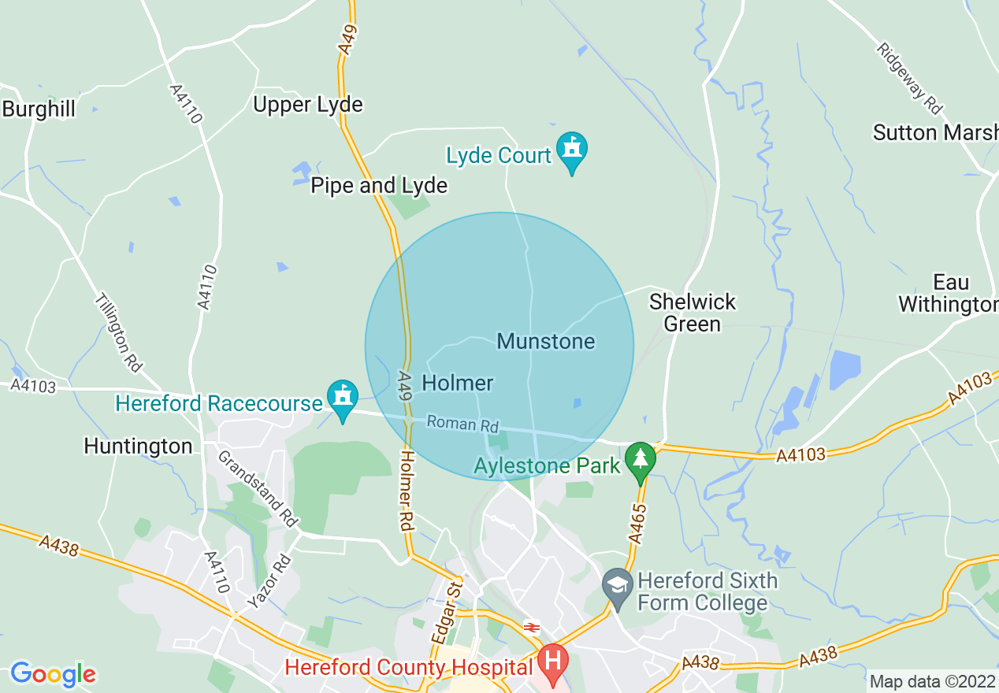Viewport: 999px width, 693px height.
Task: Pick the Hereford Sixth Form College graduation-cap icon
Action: click(x=617, y=585)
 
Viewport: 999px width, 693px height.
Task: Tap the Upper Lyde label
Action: click(x=308, y=105)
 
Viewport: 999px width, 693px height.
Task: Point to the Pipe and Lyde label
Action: click(x=379, y=186)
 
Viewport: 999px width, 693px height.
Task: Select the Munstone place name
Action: click(x=546, y=342)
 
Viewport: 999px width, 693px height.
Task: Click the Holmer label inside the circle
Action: click(x=458, y=384)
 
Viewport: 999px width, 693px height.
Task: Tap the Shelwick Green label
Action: click(x=692, y=313)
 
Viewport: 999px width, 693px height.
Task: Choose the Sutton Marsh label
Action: click(x=934, y=132)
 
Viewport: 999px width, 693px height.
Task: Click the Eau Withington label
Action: click(x=949, y=293)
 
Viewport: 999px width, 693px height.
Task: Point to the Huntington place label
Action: click(x=138, y=447)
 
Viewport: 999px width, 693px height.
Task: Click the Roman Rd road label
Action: click(x=463, y=424)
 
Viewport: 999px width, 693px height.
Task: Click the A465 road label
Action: click(x=639, y=523)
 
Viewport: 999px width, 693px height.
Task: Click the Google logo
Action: click(x=53, y=674)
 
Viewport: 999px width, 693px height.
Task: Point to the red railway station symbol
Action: click(x=532, y=627)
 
